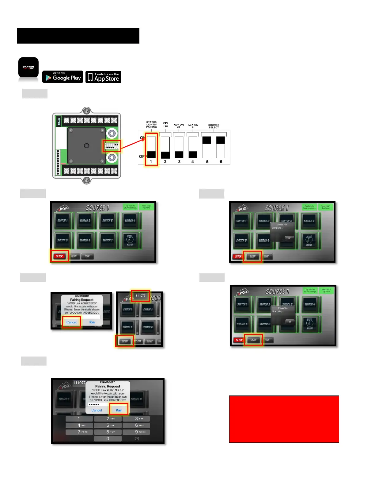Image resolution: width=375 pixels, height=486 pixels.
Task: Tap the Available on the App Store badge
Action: [103, 77]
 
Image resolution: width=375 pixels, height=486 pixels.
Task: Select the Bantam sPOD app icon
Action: [28, 67]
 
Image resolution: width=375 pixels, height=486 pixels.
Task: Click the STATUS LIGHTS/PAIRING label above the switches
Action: [151, 124]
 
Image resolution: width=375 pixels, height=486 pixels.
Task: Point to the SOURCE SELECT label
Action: [214, 126]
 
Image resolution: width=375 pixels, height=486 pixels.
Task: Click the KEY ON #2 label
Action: [179, 126]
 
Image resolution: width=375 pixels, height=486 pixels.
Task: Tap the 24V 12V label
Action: [165, 125]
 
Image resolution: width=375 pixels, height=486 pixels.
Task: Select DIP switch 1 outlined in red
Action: [151, 147]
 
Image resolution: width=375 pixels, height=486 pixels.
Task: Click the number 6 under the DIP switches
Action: [221, 162]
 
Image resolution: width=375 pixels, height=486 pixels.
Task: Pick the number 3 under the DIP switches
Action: [179, 162]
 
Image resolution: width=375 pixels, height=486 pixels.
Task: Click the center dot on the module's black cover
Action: [87, 145]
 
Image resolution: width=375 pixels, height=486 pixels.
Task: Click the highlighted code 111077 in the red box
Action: [141, 296]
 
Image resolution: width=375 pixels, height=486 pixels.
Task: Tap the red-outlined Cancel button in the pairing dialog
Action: [71, 322]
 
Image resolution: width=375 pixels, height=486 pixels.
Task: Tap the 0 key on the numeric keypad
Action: [108, 439]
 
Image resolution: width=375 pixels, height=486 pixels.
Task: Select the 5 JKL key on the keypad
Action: [108, 425]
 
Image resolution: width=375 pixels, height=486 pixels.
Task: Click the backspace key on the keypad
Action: [137, 439]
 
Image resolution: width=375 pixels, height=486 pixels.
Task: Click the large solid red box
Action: [284, 419]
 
